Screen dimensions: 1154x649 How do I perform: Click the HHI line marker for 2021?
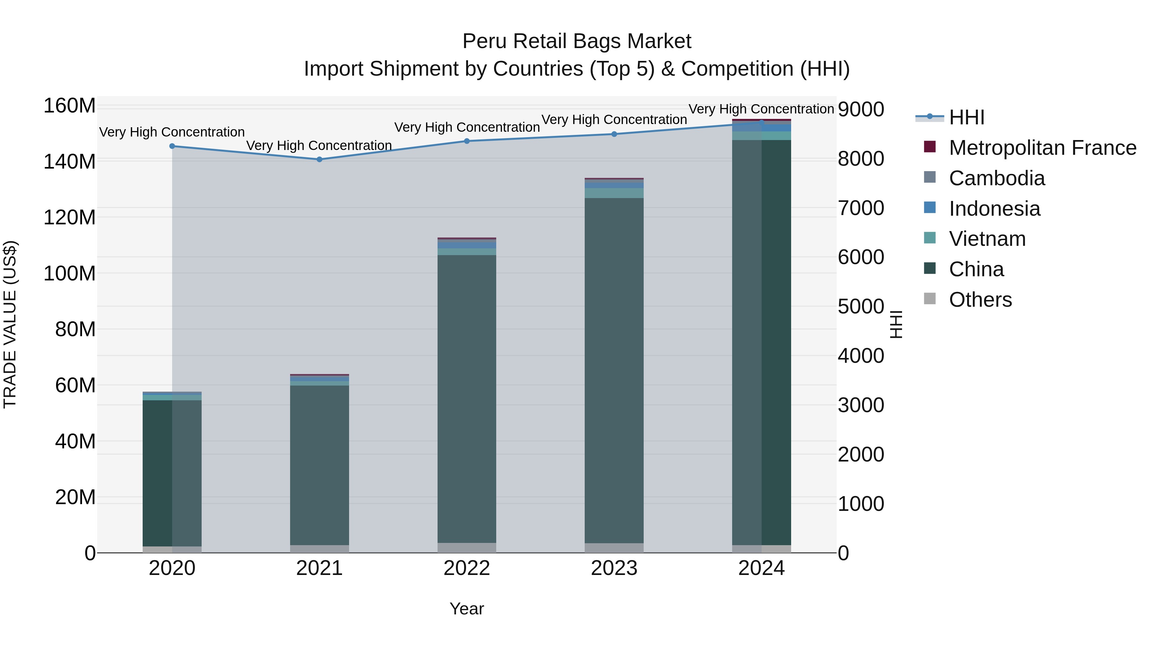point(319,160)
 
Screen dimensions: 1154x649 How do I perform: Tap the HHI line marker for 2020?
point(172,146)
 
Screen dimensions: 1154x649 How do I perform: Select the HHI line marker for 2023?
point(614,134)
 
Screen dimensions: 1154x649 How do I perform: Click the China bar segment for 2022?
point(467,399)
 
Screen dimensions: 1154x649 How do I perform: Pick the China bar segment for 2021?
point(319,465)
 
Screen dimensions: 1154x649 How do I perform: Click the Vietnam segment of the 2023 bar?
point(614,193)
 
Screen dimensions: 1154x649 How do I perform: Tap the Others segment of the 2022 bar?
point(467,548)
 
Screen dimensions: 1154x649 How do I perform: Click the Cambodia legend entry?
point(996,178)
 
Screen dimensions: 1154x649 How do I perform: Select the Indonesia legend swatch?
point(930,208)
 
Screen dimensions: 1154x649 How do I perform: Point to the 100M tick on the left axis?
point(70,273)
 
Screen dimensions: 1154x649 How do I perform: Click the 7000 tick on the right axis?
point(861,208)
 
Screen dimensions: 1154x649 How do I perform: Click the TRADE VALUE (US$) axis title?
point(10,324)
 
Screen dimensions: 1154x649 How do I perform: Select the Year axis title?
point(466,609)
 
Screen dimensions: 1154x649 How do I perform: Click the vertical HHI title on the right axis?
point(896,324)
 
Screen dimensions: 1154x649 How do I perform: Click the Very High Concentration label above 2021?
point(319,146)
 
